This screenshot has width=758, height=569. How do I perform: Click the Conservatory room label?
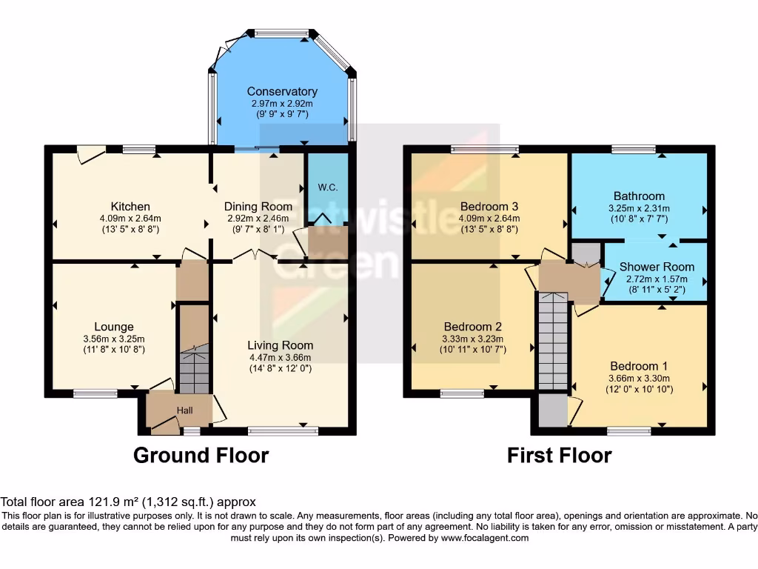282,91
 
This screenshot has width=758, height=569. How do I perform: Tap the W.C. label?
327,187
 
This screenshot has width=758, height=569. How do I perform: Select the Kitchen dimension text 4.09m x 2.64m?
130,218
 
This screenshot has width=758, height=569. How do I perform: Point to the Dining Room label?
259,206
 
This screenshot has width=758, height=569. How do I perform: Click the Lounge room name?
113,327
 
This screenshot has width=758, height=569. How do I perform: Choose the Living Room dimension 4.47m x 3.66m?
280,356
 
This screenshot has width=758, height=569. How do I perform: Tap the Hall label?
184,410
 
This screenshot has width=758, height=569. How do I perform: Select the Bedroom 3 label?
489,206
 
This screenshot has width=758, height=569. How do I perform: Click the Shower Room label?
657,267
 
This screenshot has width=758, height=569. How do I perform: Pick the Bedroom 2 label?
473,327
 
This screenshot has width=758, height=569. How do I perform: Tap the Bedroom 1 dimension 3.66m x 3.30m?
639,378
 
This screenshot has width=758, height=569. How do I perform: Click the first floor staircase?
552,341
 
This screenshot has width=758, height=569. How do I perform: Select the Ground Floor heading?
201,455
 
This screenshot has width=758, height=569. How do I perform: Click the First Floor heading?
559,455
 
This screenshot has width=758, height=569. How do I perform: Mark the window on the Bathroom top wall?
634,149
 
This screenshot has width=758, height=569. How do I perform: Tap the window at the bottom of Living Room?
283,429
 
